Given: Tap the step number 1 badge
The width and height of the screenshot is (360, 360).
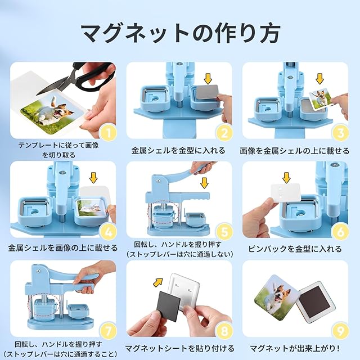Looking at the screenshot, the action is tap(108, 133).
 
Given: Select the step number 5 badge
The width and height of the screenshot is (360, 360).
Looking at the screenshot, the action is tap(224, 232).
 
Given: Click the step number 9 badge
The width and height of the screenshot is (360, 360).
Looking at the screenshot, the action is tap(340, 331).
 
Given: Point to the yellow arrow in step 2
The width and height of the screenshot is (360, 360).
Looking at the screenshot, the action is tap(208, 79).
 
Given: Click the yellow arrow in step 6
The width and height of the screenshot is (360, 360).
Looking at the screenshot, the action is tap(286, 178).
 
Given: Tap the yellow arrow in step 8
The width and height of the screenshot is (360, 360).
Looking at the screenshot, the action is tap(157, 282).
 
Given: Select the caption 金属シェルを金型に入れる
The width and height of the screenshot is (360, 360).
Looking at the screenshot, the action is tap(178, 151).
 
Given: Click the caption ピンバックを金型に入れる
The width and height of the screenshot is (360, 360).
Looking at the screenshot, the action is tap(295, 249).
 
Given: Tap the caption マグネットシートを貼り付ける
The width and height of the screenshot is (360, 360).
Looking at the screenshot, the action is tap(180, 348).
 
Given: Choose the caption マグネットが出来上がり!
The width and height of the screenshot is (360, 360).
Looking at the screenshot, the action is tap(295, 348).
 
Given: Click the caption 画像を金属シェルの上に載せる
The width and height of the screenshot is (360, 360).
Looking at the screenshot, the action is tap(295, 151).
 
